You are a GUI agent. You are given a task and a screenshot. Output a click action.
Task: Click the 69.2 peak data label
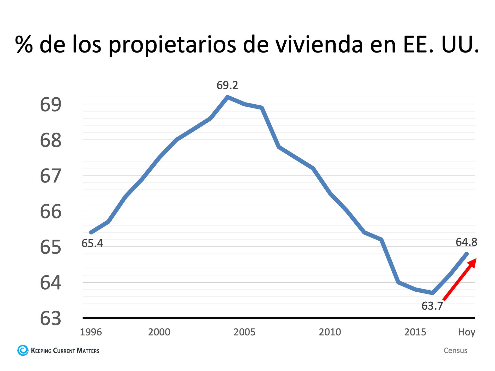click(227, 85)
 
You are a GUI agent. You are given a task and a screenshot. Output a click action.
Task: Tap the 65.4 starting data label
click(92, 243)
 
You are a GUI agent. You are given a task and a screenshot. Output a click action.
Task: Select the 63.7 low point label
click(432, 306)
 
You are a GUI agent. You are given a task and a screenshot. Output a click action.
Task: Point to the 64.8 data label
click(466, 242)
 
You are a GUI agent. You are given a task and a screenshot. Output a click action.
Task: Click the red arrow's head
click(472, 263)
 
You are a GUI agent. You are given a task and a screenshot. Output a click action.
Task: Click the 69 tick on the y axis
click(51, 105)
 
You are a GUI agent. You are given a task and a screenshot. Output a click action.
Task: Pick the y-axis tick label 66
click(51, 212)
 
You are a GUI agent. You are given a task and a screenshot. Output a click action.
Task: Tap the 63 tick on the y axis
click(51, 318)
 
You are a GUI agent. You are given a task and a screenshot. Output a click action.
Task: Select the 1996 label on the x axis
click(91, 332)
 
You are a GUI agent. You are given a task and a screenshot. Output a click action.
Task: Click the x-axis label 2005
click(244, 332)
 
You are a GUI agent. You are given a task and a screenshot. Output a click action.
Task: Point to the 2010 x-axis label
click(330, 332)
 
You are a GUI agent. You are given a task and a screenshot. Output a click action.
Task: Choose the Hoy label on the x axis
click(466, 332)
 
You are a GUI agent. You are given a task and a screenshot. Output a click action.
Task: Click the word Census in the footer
click(455, 350)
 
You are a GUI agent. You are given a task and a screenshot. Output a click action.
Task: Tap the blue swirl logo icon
click(23, 350)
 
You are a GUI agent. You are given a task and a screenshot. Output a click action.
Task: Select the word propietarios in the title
click(172, 45)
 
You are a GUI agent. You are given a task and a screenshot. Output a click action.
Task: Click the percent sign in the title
click(24, 44)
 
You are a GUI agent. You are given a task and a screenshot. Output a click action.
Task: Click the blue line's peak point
click(227, 97)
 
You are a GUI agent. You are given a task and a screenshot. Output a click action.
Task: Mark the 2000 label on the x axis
click(159, 332)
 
